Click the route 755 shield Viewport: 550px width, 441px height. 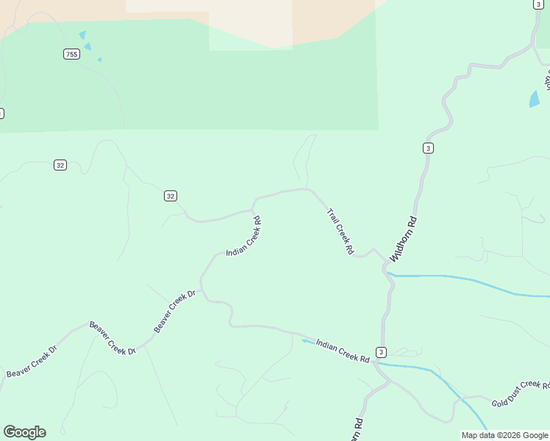click(71, 54)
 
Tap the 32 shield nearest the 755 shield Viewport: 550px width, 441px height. click(60, 165)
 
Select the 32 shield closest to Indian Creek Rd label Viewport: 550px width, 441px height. click(171, 196)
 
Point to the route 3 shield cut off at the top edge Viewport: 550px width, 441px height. click(539, 4)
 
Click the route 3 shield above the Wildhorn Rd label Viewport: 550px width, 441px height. click(428, 148)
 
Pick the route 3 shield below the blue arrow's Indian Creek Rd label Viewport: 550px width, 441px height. click(381, 351)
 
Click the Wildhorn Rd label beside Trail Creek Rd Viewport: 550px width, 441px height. click(404, 240)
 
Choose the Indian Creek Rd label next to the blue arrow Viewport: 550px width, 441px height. click(343, 351)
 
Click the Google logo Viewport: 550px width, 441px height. click(24, 432)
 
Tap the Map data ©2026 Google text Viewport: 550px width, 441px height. click(504, 435)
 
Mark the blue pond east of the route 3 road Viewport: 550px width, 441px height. click(535, 99)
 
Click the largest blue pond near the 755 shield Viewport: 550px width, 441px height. click(82, 35)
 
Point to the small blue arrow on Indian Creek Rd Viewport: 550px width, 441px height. click(304, 340)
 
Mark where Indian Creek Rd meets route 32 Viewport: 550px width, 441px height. click(254, 210)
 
